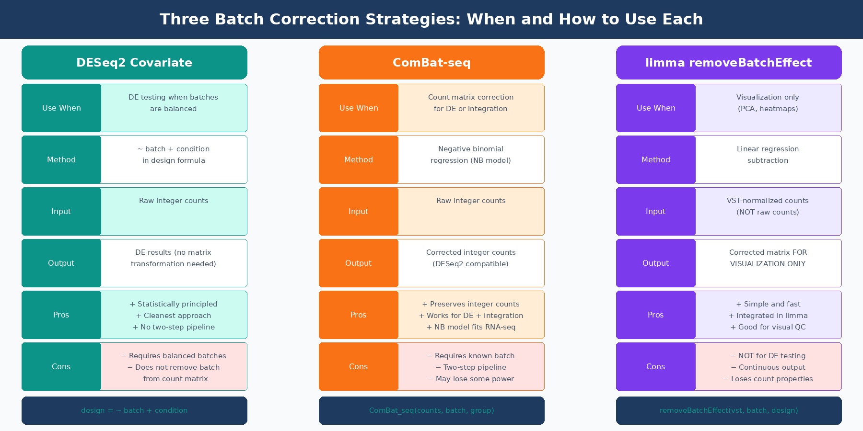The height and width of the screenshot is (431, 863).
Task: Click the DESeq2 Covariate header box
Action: click(134, 63)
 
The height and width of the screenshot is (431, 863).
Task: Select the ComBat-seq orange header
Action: click(431, 63)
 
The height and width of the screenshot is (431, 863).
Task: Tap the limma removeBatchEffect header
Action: click(728, 63)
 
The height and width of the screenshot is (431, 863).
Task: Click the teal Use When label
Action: click(61, 108)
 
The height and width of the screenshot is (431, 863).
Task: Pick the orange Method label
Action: click(359, 160)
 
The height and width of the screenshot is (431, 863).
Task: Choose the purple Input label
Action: click(655, 212)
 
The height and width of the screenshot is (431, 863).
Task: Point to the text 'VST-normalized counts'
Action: click(768, 201)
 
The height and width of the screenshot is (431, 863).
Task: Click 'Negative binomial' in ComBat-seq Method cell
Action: click(471, 149)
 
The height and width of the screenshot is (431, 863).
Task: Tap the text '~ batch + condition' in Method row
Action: click(174, 149)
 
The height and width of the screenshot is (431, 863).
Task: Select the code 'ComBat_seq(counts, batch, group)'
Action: click(431, 410)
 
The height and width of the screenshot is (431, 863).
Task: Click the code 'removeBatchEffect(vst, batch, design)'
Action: click(729, 410)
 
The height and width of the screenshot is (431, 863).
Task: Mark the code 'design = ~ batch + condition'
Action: click(134, 410)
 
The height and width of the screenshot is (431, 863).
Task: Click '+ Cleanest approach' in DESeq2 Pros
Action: click(174, 316)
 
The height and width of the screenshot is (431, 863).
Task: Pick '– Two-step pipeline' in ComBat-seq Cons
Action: click(471, 367)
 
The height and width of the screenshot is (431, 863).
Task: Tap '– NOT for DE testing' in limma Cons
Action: click(768, 356)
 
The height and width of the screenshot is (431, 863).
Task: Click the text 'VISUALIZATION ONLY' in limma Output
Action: click(768, 264)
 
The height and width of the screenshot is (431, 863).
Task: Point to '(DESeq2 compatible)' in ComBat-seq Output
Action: click(471, 264)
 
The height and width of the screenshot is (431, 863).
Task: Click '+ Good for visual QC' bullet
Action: click(768, 327)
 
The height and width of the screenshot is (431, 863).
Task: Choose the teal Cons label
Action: click(61, 367)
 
